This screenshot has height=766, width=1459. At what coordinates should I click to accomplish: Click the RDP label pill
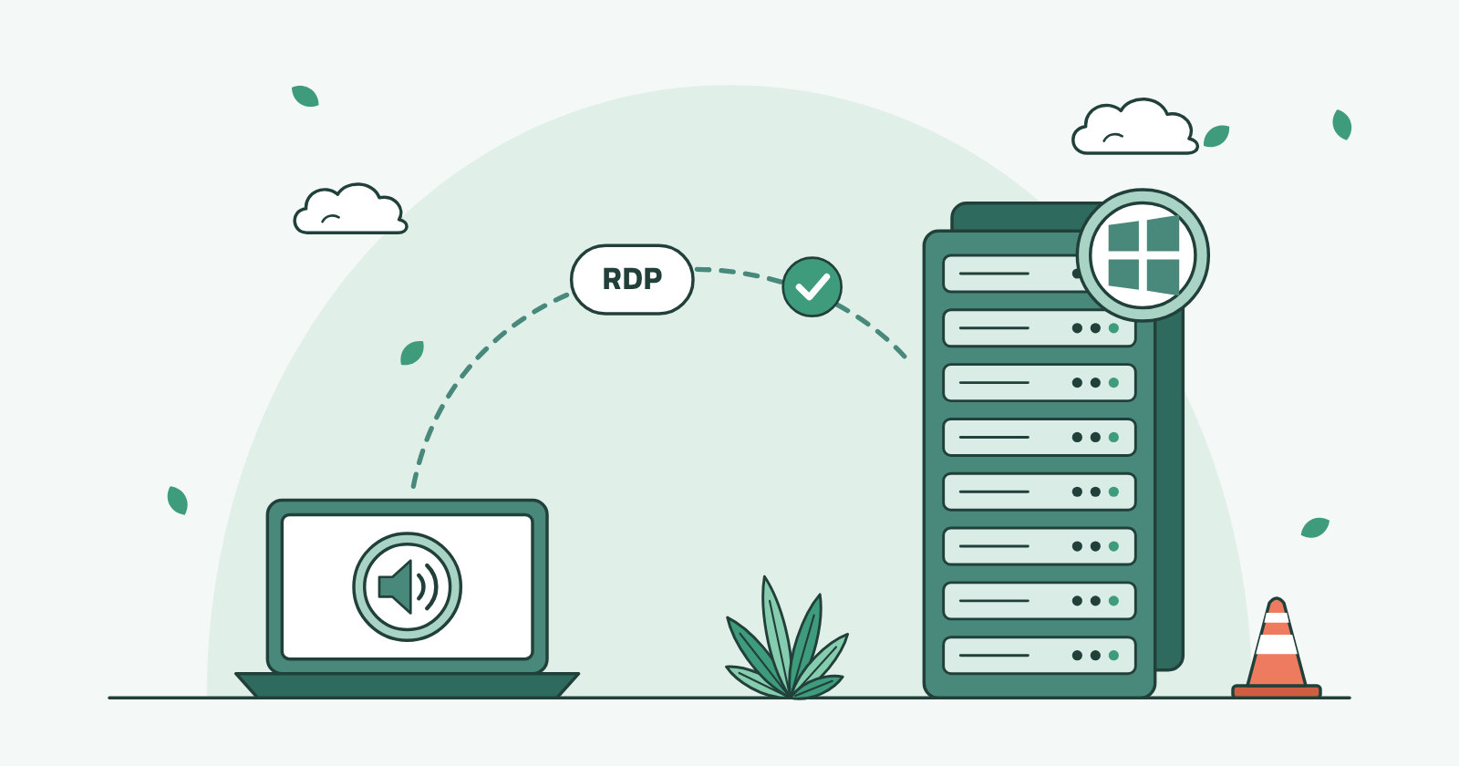[x=632, y=279]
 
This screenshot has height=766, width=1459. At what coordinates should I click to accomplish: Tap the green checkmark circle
[x=812, y=286]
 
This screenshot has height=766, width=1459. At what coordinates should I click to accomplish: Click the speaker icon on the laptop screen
[x=407, y=586]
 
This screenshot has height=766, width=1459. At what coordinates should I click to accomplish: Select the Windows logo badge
[x=1143, y=254]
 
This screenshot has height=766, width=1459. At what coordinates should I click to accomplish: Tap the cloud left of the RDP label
[x=350, y=209]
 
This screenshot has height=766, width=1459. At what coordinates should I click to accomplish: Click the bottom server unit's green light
[x=1113, y=656]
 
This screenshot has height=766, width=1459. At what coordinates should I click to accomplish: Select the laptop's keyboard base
[x=407, y=685]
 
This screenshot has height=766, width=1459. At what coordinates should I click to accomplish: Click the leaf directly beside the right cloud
[x=1216, y=136]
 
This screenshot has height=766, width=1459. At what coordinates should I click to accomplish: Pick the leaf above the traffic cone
[x=1315, y=528]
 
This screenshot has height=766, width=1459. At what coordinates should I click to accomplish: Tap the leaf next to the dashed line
[x=411, y=353]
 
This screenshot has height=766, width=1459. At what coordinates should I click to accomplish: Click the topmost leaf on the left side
[x=305, y=96]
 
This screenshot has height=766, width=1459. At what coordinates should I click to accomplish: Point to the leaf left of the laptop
[x=177, y=501]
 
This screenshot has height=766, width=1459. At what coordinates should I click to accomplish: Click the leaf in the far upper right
[x=1341, y=124]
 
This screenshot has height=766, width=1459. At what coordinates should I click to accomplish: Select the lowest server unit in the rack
[x=1039, y=656]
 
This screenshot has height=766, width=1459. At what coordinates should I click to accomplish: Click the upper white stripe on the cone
[x=1277, y=617]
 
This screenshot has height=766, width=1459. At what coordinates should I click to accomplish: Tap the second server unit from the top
[x=1039, y=327]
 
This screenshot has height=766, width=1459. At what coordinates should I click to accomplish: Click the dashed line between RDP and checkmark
[x=739, y=273]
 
